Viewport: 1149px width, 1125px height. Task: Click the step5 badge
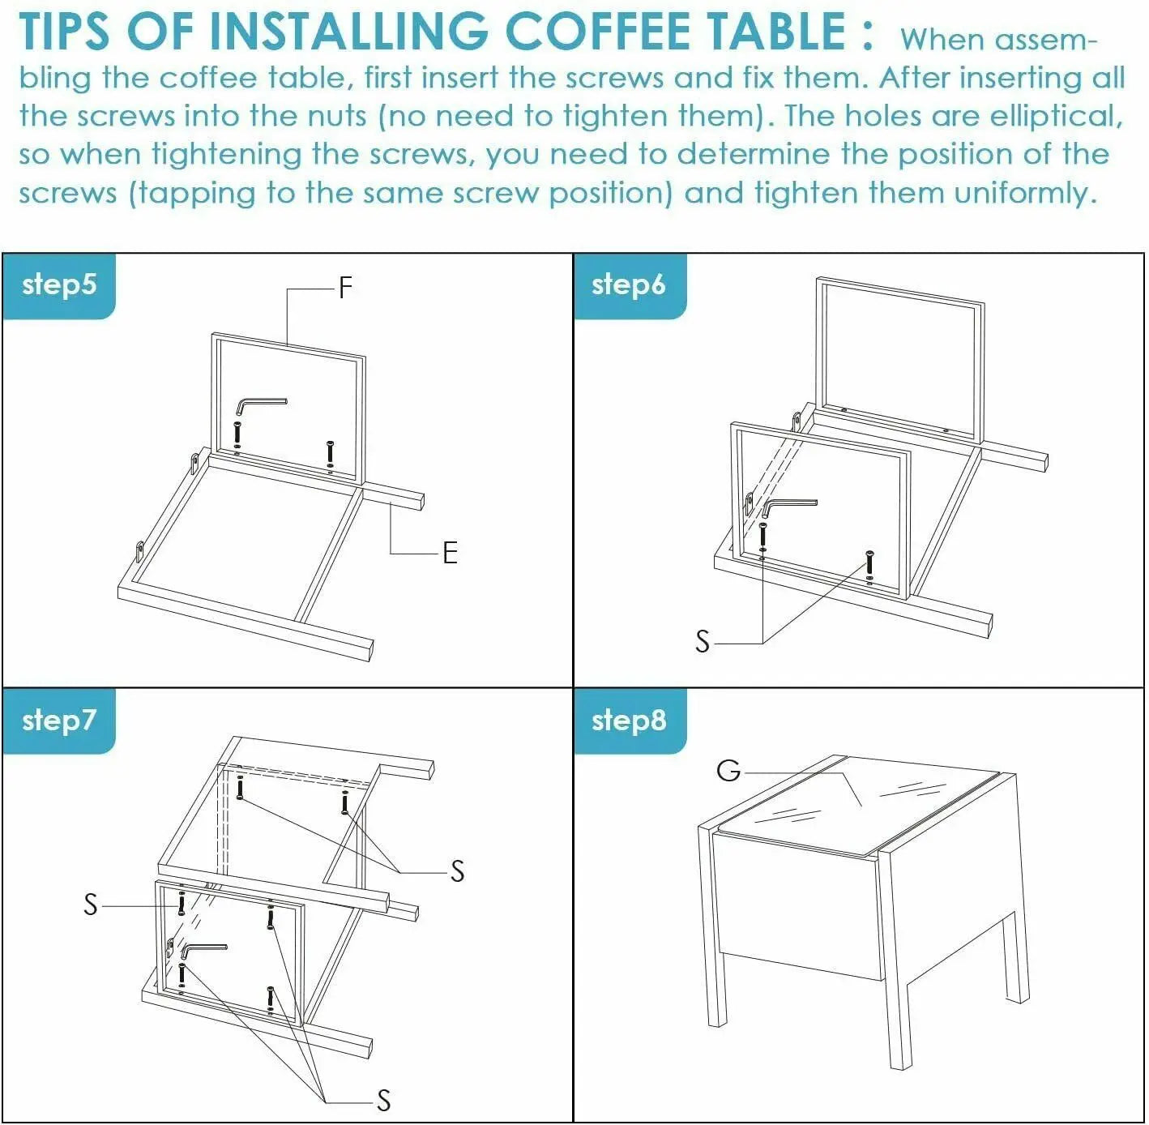click(x=58, y=286)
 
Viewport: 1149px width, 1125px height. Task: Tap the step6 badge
click(x=629, y=286)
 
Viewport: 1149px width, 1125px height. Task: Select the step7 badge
click(x=58, y=721)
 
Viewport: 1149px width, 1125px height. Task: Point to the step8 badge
click(x=629, y=721)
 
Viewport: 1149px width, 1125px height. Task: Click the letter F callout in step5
click(x=345, y=288)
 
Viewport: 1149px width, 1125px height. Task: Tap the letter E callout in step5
click(x=451, y=553)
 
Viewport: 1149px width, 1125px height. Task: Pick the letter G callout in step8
click(x=728, y=771)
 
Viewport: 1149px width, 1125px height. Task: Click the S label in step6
click(x=703, y=642)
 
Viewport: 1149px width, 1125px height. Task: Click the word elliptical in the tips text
click(x=1057, y=116)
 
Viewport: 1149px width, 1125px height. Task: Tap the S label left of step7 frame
click(x=91, y=905)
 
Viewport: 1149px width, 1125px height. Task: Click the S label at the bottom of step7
click(x=384, y=1100)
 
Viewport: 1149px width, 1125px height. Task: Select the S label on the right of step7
click(x=457, y=870)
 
